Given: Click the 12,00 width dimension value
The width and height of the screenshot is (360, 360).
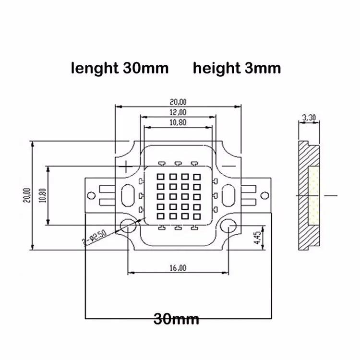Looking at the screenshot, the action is tap(178, 112).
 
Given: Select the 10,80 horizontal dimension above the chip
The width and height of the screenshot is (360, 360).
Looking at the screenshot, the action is tap(178, 122).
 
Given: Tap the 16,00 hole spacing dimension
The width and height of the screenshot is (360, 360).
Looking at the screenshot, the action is tap(178, 268).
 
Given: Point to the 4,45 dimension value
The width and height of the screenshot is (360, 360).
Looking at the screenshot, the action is tap(258, 238).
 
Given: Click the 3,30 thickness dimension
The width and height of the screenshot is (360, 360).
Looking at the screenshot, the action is tap(309, 118).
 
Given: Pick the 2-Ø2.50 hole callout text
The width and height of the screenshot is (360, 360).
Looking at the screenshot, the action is tap(95, 238).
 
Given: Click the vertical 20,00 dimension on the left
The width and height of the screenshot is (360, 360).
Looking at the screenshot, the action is tap(27, 195).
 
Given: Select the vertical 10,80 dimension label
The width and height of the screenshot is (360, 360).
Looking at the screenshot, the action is tap(42, 195).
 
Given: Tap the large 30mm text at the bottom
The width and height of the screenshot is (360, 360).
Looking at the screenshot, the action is tap(176, 319).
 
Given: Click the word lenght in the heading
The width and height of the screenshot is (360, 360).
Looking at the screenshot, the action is tap(95, 69).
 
